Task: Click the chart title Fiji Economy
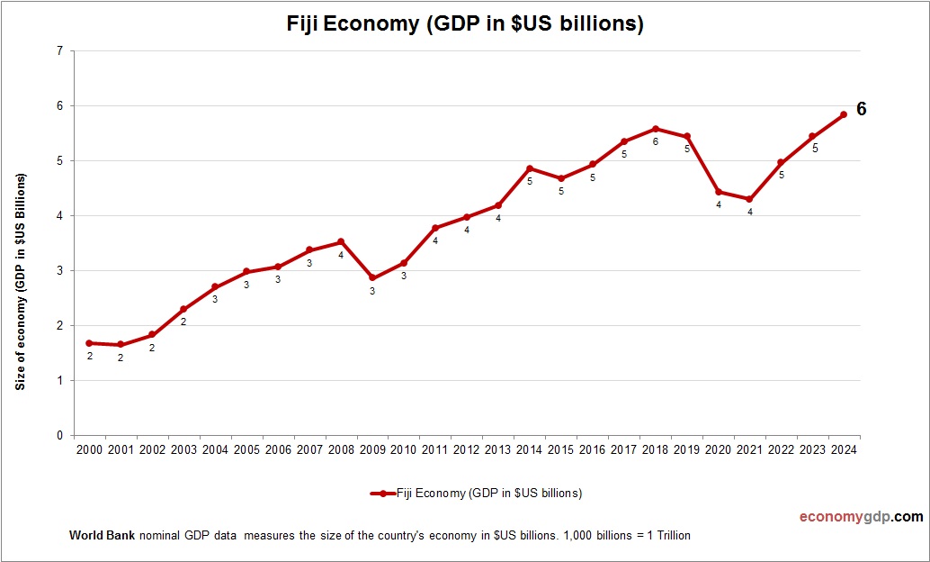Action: (x=464, y=23)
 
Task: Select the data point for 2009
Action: (x=372, y=278)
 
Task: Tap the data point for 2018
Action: (x=655, y=129)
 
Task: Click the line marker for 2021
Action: (x=749, y=199)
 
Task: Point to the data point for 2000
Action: (x=89, y=343)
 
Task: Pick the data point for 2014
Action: (x=530, y=168)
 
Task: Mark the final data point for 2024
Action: (x=844, y=114)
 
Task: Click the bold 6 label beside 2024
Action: (x=861, y=109)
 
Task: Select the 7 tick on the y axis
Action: (x=59, y=51)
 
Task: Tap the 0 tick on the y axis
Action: (x=59, y=436)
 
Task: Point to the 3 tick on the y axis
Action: (x=59, y=271)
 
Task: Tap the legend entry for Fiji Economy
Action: (x=477, y=494)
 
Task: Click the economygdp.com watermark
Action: (x=862, y=517)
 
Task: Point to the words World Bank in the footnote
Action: (x=102, y=536)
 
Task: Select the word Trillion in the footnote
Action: (x=670, y=536)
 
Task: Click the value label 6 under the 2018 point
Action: (x=655, y=141)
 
